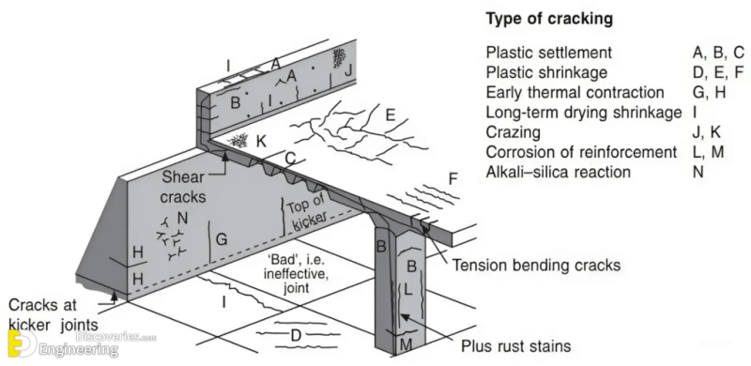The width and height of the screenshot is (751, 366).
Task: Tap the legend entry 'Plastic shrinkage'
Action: click(x=548, y=71)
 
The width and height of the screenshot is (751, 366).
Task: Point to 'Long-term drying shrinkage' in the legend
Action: click(x=583, y=113)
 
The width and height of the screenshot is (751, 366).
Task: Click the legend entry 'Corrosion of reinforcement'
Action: click(x=581, y=152)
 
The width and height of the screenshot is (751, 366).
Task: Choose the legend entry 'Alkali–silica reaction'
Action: click(x=559, y=172)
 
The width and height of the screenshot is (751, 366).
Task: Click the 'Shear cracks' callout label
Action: click(x=187, y=184)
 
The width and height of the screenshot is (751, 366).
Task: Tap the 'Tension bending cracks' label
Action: click(x=536, y=266)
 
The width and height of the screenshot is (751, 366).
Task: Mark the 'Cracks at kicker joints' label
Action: click(x=53, y=315)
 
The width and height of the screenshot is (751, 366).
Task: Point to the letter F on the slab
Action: click(x=453, y=177)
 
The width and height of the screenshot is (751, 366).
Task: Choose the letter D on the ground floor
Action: click(x=294, y=335)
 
